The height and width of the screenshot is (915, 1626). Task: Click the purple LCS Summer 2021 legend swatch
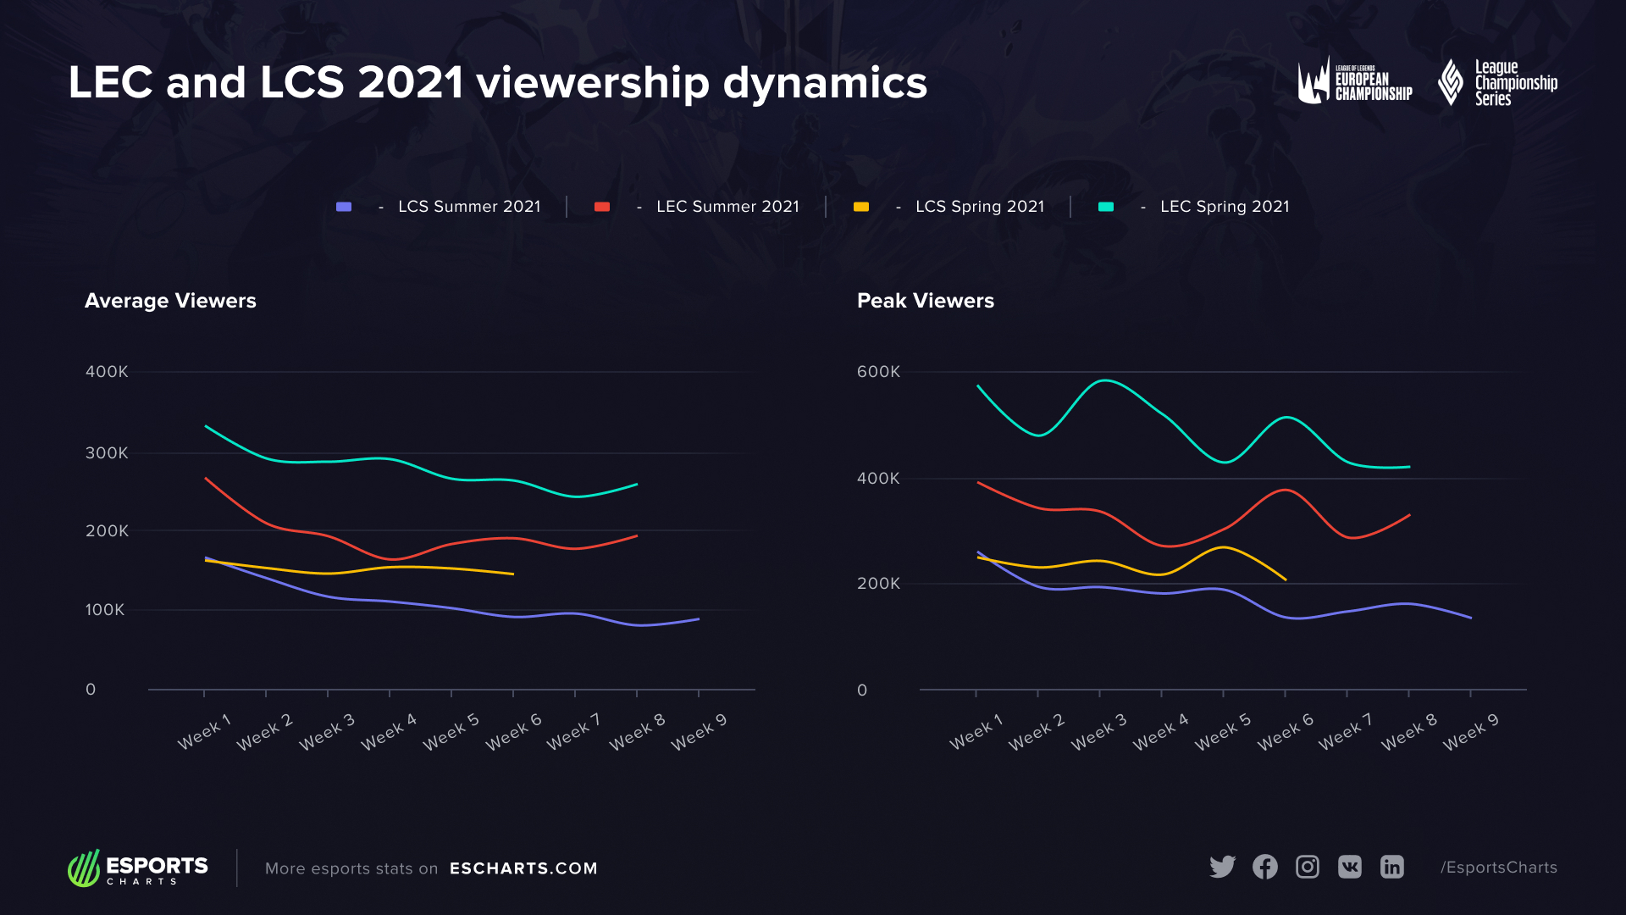[x=344, y=207]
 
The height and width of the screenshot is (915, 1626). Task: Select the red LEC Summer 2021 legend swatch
[x=602, y=207]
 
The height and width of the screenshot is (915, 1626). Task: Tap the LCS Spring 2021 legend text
[x=979, y=207]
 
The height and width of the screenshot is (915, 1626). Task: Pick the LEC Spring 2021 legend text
[x=1224, y=207]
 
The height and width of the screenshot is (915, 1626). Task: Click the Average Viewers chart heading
[x=170, y=301]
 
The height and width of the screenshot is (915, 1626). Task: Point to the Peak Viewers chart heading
[x=925, y=301]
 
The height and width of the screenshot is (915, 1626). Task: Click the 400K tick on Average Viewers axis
[x=107, y=372]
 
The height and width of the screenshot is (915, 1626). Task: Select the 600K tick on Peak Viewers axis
[x=878, y=372]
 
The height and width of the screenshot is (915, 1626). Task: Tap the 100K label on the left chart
[x=105, y=610]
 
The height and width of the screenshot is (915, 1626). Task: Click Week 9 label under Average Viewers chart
[x=699, y=732]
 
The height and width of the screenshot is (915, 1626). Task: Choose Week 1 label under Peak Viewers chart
[x=976, y=732]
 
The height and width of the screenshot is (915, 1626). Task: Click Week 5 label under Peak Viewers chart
[x=1222, y=732]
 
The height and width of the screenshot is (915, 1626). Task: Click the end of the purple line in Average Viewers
[x=699, y=619]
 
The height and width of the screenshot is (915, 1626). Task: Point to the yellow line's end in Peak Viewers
[x=1286, y=579]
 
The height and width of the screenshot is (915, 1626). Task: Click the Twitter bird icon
[x=1222, y=867]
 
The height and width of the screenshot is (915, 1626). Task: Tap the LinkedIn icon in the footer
[x=1391, y=867]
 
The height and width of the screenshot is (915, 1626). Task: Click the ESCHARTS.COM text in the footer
[x=523, y=868]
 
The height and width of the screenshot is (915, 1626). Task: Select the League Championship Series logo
[x=1497, y=82]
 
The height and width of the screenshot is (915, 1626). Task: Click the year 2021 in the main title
[x=410, y=83]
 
